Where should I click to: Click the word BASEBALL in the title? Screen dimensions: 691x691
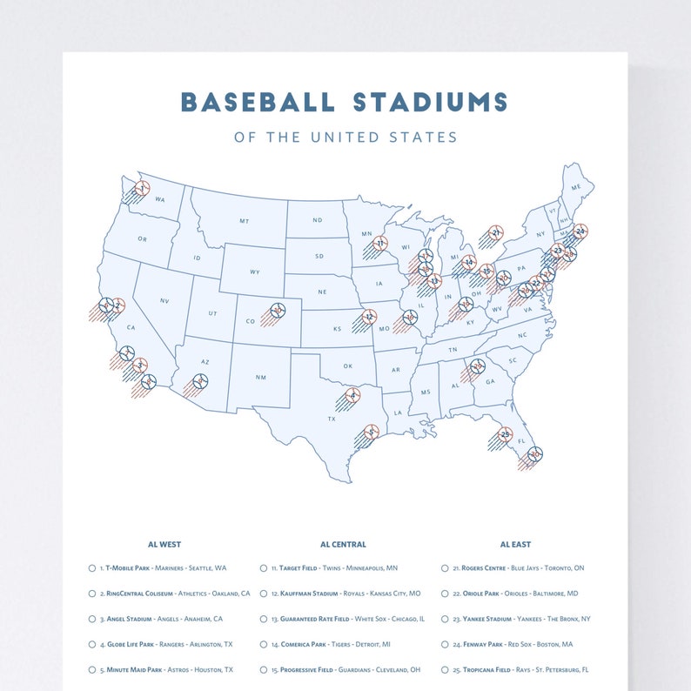point(257,102)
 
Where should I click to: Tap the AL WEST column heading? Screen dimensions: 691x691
point(164,544)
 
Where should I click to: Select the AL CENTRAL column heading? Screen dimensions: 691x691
point(343,544)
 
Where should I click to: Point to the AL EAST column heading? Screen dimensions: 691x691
point(515,544)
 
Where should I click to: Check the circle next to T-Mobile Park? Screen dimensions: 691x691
point(92,568)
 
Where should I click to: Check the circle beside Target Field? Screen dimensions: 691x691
point(263,568)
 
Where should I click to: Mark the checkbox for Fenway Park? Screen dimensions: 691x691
point(446,645)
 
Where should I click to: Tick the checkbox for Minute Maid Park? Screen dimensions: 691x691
point(92,670)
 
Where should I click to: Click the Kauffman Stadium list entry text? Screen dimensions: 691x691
point(345,594)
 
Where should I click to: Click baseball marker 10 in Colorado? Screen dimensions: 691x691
point(278,310)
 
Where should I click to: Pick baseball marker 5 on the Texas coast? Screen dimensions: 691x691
point(372,432)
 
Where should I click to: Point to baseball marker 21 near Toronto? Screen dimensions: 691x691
point(495,232)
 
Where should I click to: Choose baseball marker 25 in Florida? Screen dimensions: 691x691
point(505,433)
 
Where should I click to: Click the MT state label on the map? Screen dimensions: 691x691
point(245,221)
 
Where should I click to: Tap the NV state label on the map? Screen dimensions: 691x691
point(164,300)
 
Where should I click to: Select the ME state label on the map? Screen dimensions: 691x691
point(575,187)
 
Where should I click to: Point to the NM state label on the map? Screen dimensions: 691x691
point(260,377)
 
